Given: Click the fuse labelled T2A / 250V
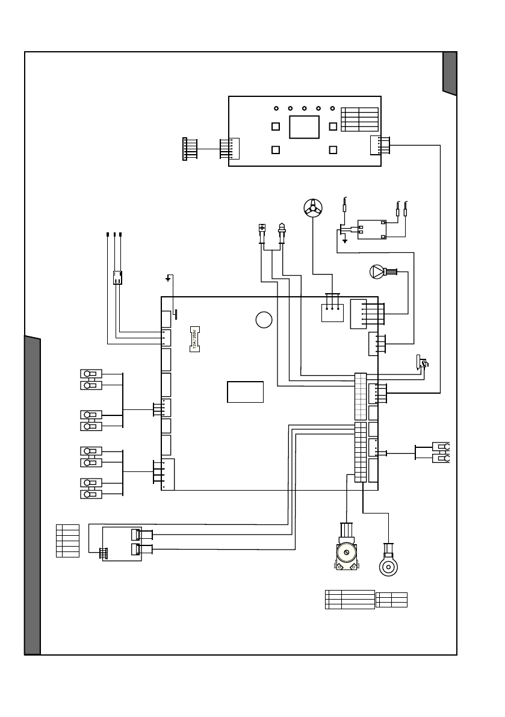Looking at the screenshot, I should click(194, 340).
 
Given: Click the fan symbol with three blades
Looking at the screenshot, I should click(313, 208).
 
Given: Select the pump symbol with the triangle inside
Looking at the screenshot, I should click(376, 272).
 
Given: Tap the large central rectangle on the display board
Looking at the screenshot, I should click(304, 127).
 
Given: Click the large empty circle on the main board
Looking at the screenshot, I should click(262, 320).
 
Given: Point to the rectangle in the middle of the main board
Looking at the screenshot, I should click(246, 391).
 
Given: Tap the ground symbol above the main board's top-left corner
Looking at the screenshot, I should click(169, 278).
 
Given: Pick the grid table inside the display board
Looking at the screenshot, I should click(359, 120).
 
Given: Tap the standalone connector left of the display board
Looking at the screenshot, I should click(185, 149).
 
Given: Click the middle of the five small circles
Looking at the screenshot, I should click(305, 108).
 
